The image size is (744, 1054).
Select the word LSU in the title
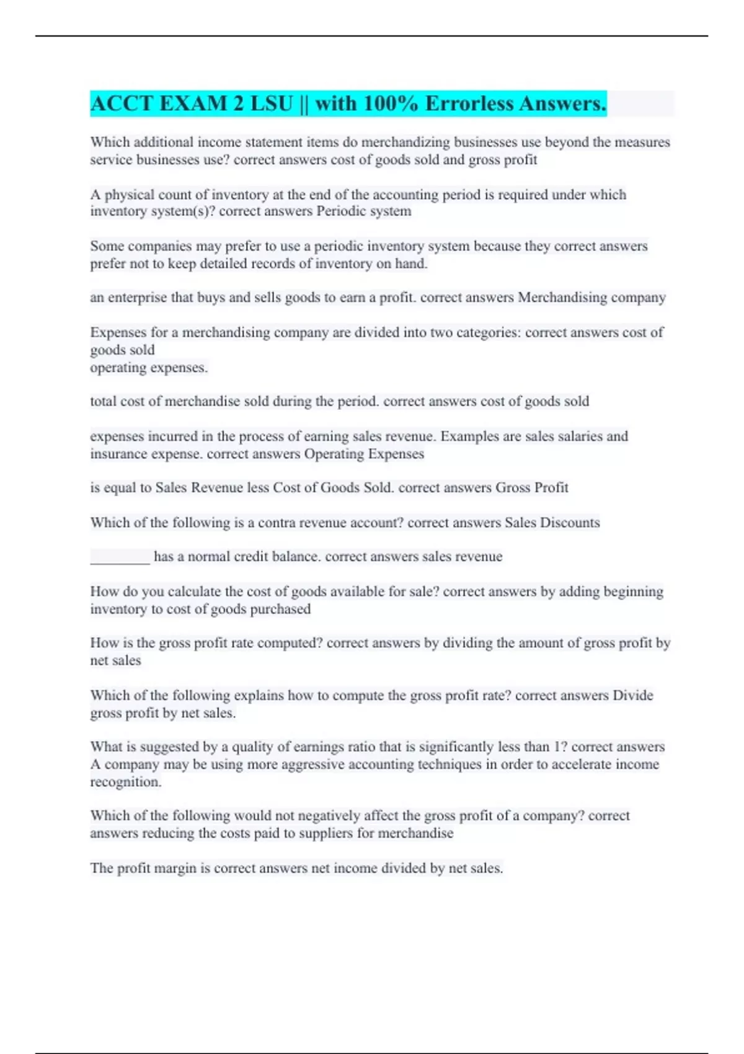coord(271,104)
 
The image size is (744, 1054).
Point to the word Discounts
coord(570,523)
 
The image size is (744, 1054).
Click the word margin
coord(176,868)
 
